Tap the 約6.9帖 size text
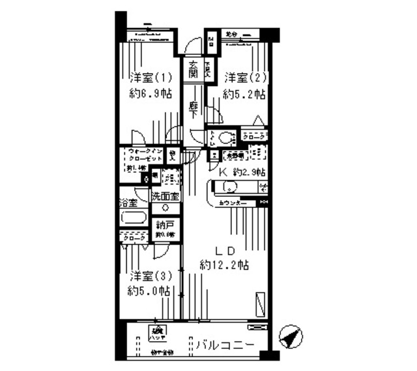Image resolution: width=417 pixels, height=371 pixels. tap(150, 94)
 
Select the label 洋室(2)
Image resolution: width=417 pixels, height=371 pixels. tap(245, 78)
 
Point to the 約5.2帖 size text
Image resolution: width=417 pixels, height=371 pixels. tap(244, 94)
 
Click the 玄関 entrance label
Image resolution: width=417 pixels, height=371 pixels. tap(194, 68)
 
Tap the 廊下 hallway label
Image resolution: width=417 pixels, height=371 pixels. tap(194, 108)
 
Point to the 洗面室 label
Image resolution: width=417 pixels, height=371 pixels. tap(165, 196)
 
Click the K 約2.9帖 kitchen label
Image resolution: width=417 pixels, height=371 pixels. tap(240, 172)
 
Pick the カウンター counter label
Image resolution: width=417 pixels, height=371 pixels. tap(233, 203)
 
